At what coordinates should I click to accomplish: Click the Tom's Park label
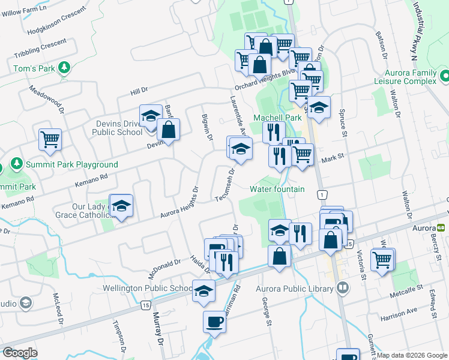point(34,68)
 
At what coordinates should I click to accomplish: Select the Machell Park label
point(277,118)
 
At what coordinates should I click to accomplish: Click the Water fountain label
point(277,189)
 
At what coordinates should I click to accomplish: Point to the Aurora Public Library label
point(294,289)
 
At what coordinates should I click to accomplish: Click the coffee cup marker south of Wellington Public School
point(215,322)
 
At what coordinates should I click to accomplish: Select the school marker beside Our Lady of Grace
point(121,206)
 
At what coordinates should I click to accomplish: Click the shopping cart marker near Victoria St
point(382,260)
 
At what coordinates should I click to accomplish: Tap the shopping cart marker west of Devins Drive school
point(50,139)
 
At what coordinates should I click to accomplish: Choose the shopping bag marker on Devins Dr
point(169,128)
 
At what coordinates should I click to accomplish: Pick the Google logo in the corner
point(20,353)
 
